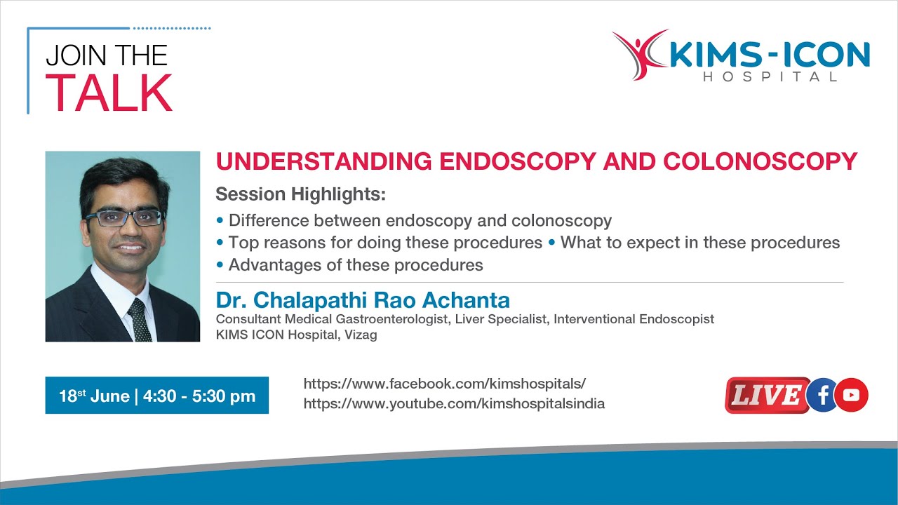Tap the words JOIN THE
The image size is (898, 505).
pyautogui.click(x=107, y=56)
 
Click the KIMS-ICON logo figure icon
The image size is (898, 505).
pyautogui.click(x=638, y=55)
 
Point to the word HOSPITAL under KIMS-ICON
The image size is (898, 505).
pyautogui.click(x=770, y=76)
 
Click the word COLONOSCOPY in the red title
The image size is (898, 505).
pyautogui.click(x=760, y=161)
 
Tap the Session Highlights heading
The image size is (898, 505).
pyautogui.click(x=301, y=194)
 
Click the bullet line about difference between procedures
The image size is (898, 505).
pyautogui.click(x=420, y=221)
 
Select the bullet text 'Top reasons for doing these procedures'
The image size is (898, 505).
pyautogui.click(x=385, y=243)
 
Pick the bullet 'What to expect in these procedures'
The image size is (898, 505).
pyautogui.click(x=699, y=243)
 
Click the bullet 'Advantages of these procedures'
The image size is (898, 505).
pyautogui.click(x=355, y=265)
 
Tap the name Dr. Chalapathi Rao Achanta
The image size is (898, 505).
pyautogui.click(x=363, y=300)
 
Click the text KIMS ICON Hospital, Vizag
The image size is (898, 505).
pyautogui.click(x=296, y=335)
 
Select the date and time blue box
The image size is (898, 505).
pyautogui.click(x=156, y=396)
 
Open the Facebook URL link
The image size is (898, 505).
pyautogui.click(x=444, y=384)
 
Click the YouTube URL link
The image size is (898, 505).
pyautogui.click(x=454, y=404)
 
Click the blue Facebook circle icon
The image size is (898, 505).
pyautogui.click(x=823, y=396)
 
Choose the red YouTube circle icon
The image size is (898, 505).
pyautogui.click(x=852, y=396)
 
